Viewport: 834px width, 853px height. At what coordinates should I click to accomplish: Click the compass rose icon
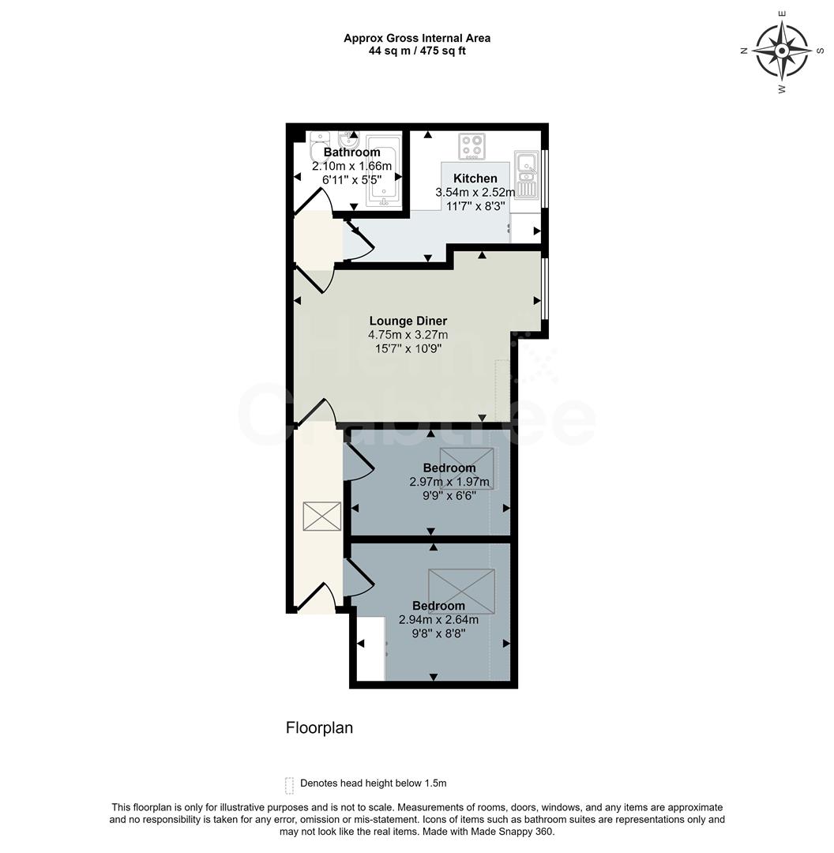tap(781, 51)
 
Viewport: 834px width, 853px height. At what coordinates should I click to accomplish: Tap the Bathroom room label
tap(351, 152)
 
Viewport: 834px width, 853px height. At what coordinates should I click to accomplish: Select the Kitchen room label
tap(475, 178)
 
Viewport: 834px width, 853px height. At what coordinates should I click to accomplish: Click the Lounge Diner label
tap(408, 321)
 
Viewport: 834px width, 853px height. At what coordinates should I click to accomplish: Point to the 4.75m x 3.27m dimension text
tap(408, 335)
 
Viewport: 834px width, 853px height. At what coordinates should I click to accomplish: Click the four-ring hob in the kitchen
tap(472, 146)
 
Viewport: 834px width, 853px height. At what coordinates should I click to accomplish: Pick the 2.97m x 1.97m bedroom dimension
tap(449, 482)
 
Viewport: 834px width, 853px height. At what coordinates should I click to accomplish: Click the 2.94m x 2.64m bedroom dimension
tap(438, 620)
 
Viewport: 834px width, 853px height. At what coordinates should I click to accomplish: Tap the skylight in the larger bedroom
tap(461, 590)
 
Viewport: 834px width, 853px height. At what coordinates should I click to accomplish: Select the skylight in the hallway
tap(321, 516)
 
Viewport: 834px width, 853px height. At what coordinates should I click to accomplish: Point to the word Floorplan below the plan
tap(319, 728)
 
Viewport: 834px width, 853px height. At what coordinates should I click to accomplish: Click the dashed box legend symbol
tap(289, 783)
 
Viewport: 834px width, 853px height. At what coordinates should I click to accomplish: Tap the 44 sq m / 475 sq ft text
tap(417, 51)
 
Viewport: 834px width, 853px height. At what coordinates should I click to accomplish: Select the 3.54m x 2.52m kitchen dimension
tap(475, 192)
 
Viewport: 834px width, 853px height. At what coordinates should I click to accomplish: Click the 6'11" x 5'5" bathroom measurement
tap(351, 180)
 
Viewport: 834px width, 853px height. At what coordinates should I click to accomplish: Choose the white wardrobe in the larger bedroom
tap(370, 648)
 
